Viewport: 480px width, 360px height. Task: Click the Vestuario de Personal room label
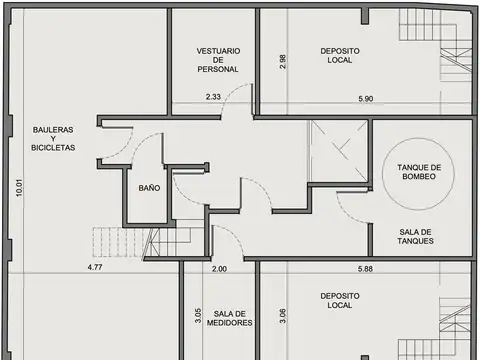[x=217, y=59]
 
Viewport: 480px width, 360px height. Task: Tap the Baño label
[x=149, y=188]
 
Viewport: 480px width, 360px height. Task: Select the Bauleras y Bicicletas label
[x=53, y=138]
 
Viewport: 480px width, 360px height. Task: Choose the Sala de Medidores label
[x=231, y=318]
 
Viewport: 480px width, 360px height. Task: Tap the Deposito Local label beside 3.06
[x=340, y=301]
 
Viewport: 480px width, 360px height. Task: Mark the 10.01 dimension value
[x=18, y=189]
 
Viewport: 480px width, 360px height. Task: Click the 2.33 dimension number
[x=213, y=97]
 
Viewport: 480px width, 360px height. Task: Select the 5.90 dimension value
[x=366, y=98]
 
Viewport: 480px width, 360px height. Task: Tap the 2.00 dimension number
[x=220, y=268]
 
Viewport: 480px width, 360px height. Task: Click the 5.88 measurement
[x=366, y=268]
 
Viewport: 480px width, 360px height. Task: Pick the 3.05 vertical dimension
[x=198, y=316]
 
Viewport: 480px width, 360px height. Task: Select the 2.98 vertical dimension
[x=283, y=62]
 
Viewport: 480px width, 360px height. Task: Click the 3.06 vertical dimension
[x=283, y=317]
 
